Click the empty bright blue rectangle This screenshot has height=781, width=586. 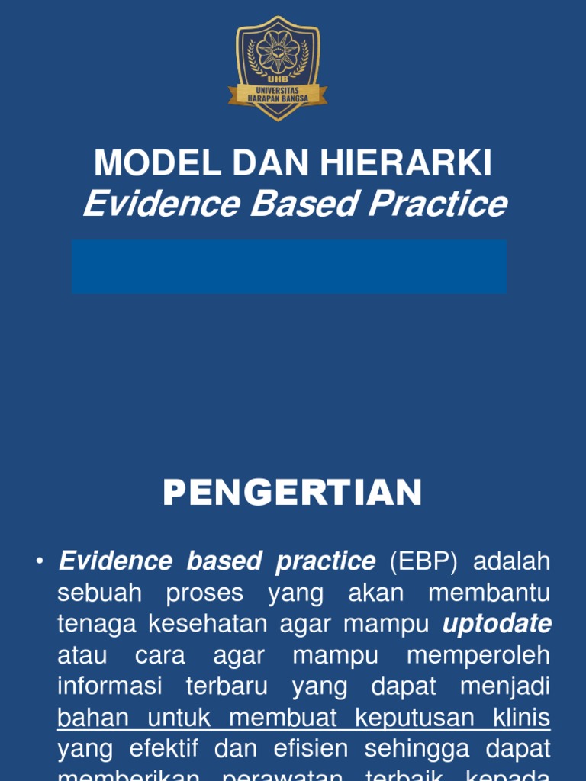coord(289,266)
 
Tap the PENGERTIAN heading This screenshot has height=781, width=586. coord(292,493)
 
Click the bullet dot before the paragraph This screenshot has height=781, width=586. coord(40,562)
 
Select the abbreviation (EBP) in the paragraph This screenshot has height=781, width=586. coord(423,561)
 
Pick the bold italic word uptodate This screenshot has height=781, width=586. coord(497,624)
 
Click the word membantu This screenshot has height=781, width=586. coord(489,593)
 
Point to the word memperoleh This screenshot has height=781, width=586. coord(478,655)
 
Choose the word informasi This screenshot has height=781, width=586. coord(110,686)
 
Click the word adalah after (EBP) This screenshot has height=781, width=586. coord(512,561)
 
